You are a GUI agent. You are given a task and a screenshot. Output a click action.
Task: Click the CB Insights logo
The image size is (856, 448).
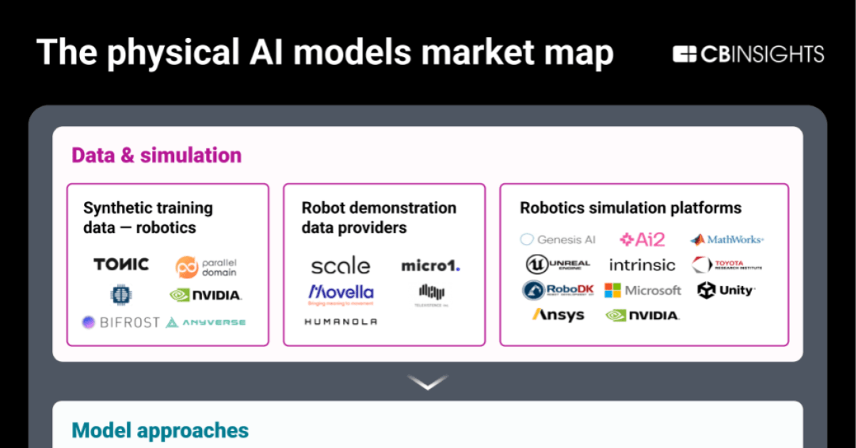748,54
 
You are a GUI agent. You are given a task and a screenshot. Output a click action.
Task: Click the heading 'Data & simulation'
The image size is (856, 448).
156,155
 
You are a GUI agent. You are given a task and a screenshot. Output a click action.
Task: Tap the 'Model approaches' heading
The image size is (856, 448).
160,430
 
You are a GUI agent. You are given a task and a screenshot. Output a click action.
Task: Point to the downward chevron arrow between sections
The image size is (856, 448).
428,382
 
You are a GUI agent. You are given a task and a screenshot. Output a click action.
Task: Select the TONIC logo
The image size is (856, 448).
121,265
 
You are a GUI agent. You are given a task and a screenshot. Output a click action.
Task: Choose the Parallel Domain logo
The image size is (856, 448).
206,267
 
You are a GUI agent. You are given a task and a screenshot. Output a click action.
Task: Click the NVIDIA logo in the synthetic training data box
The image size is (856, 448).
205,295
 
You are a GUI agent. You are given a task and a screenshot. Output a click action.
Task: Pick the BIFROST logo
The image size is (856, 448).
121,322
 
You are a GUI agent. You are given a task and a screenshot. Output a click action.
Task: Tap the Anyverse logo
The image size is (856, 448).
205,322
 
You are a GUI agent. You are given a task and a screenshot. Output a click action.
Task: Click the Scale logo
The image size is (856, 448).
340,266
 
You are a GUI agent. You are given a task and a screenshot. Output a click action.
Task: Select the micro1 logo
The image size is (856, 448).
430,266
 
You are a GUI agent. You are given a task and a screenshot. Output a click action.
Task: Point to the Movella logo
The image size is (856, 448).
340,293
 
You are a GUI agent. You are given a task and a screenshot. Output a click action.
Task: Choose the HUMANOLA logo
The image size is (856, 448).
340,322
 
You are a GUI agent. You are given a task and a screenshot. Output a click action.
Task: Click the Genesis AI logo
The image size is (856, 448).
558,240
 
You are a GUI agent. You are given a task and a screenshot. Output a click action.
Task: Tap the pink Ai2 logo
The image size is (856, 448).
642,240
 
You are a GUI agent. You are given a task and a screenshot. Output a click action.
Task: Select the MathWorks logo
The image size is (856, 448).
726,240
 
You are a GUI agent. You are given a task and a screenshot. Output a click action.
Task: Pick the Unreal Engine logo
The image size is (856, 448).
558,265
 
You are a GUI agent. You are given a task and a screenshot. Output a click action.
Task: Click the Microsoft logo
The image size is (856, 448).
642,290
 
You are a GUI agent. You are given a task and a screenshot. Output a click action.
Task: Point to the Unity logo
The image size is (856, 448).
726,290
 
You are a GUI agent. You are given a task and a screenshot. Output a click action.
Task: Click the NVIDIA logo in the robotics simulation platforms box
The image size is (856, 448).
642,315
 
